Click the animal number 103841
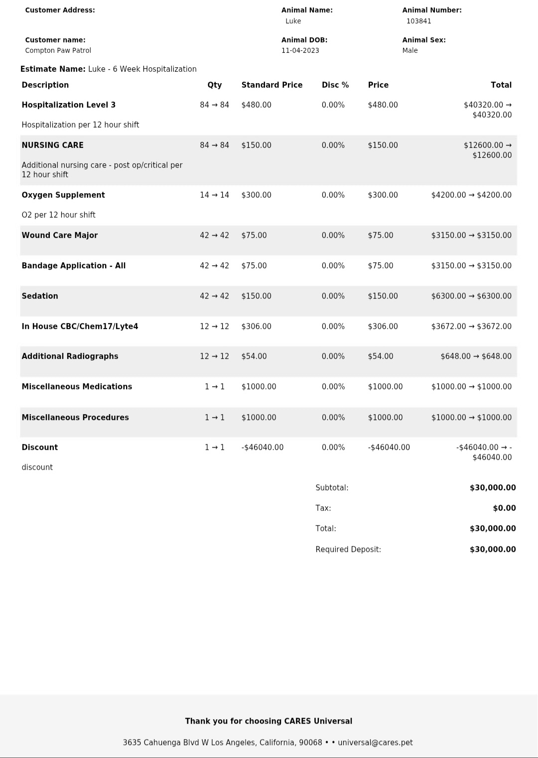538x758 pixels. point(418,21)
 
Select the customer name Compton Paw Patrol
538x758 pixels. point(58,50)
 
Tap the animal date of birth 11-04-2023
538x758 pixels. point(300,50)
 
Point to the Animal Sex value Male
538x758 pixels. point(410,50)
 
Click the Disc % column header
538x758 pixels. point(335,85)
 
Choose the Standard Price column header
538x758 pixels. point(271,85)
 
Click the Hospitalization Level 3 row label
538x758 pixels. point(68,105)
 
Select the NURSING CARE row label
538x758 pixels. point(52,145)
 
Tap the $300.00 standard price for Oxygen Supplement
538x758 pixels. point(256,195)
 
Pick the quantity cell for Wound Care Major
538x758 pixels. point(214,235)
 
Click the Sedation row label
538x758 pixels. point(40,296)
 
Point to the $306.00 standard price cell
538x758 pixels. point(256,326)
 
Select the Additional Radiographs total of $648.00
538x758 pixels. point(476,356)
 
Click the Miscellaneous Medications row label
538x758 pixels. point(77,387)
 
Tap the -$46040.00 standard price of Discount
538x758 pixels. point(262,447)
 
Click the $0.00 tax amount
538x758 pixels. point(504,508)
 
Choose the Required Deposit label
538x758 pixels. point(348,549)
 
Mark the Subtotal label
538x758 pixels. point(332,488)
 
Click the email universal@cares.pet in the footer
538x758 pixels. point(375,743)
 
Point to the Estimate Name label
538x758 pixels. point(53,69)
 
